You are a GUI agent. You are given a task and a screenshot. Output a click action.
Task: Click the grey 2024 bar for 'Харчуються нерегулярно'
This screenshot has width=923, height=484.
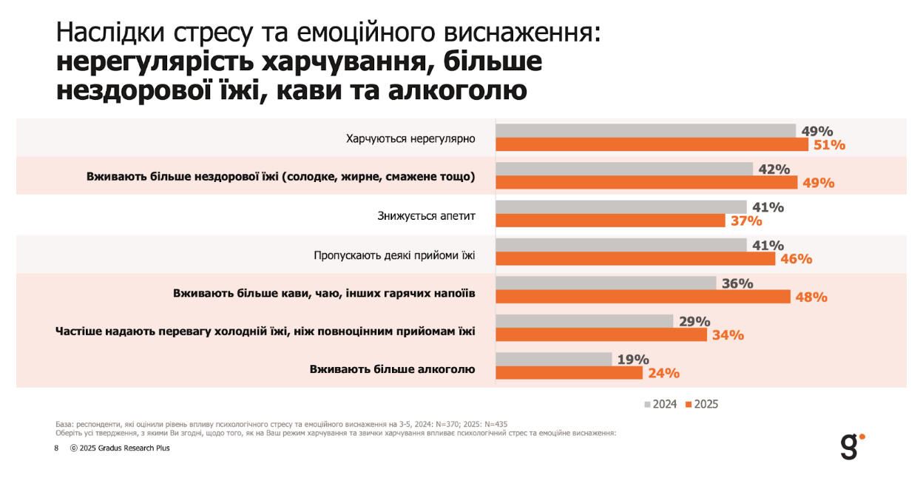(645, 131)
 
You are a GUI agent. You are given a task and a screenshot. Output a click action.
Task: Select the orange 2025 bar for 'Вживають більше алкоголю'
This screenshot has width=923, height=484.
(569, 373)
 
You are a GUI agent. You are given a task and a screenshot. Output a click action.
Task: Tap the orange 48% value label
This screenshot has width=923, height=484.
(811, 297)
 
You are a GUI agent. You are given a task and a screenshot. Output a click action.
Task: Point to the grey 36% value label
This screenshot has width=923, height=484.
(737, 283)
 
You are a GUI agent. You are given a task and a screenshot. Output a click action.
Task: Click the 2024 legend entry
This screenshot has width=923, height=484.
(661, 404)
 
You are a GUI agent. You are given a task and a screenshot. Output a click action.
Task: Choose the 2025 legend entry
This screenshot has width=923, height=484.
(702, 404)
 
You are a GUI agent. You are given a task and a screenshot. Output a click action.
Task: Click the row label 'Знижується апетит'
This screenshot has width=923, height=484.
(426, 216)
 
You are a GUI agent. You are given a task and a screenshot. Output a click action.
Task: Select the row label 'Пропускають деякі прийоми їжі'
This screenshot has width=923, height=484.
(394, 255)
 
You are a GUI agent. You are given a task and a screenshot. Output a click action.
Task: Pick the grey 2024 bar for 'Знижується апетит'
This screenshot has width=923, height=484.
(621, 207)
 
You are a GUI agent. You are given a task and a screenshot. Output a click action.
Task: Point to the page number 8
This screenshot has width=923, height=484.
(56, 448)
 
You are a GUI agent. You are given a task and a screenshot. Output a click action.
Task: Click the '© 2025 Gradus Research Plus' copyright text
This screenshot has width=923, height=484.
(120, 448)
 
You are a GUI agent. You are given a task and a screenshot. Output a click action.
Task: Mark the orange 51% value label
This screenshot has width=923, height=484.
(829, 145)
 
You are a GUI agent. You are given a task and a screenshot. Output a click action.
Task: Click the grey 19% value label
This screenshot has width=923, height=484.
(633, 360)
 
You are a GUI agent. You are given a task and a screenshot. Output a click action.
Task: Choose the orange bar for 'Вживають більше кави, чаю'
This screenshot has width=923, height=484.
(643, 297)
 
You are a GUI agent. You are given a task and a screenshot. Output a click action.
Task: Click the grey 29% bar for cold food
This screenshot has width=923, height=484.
(584, 321)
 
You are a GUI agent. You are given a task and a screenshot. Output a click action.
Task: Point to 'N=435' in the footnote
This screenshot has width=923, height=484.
(493, 423)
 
